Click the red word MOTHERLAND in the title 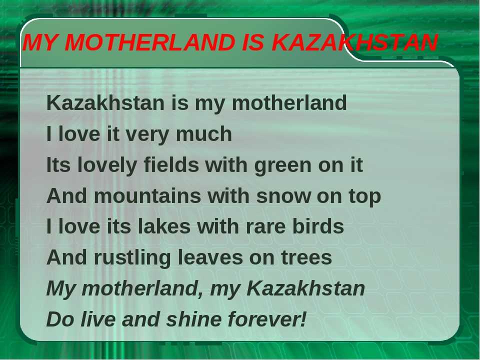point(149,42)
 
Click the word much point(204,134)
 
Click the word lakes point(164,226)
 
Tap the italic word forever point(264,318)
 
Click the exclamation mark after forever point(303,318)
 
